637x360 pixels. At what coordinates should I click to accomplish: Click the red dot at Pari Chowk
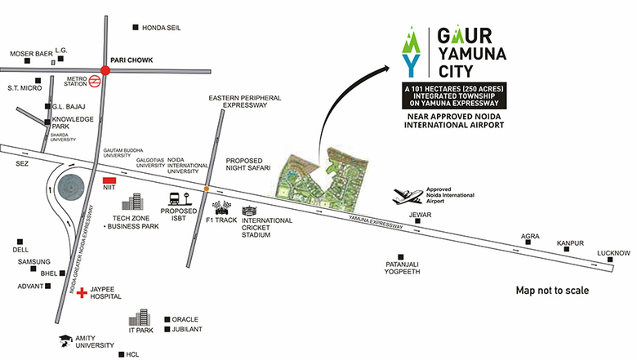pyautogui.click(x=105, y=71)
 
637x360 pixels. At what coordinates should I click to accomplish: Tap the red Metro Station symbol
pyautogui.click(x=95, y=81)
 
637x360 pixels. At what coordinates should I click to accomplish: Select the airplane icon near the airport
pyautogui.click(x=408, y=196)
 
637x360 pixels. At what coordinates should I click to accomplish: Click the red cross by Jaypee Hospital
pyautogui.click(x=82, y=292)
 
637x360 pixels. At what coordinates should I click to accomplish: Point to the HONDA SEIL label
pyautogui.click(x=161, y=28)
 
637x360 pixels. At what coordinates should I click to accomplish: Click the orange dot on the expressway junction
pyautogui.click(x=207, y=189)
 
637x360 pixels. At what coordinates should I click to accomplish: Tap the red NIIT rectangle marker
pyautogui.click(x=109, y=180)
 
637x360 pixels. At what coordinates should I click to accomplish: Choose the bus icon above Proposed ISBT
pyautogui.click(x=175, y=198)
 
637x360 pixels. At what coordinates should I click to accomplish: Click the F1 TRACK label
pyautogui.click(x=221, y=220)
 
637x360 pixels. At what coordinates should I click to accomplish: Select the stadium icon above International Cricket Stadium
pyautogui.click(x=249, y=211)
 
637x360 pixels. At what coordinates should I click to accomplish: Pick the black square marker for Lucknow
pyautogui.click(x=610, y=260)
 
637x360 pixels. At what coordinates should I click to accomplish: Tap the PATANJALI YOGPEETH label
pyautogui.click(x=402, y=268)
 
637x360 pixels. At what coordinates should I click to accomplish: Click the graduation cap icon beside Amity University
pyautogui.click(x=65, y=340)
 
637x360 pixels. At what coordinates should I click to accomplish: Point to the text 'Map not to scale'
pyautogui.click(x=552, y=290)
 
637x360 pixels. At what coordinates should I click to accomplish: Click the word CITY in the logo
pyautogui.click(x=456, y=72)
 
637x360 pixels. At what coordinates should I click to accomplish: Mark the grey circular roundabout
pyautogui.click(x=71, y=188)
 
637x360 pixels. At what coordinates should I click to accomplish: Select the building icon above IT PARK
pyautogui.click(x=140, y=318)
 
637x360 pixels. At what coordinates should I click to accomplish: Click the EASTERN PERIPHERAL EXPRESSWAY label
pyautogui.click(x=245, y=101)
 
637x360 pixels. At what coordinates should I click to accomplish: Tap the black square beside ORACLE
pyautogui.click(x=167, y=319)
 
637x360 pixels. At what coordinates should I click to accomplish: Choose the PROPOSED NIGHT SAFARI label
pyautogui.click(x=248, y=164)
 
